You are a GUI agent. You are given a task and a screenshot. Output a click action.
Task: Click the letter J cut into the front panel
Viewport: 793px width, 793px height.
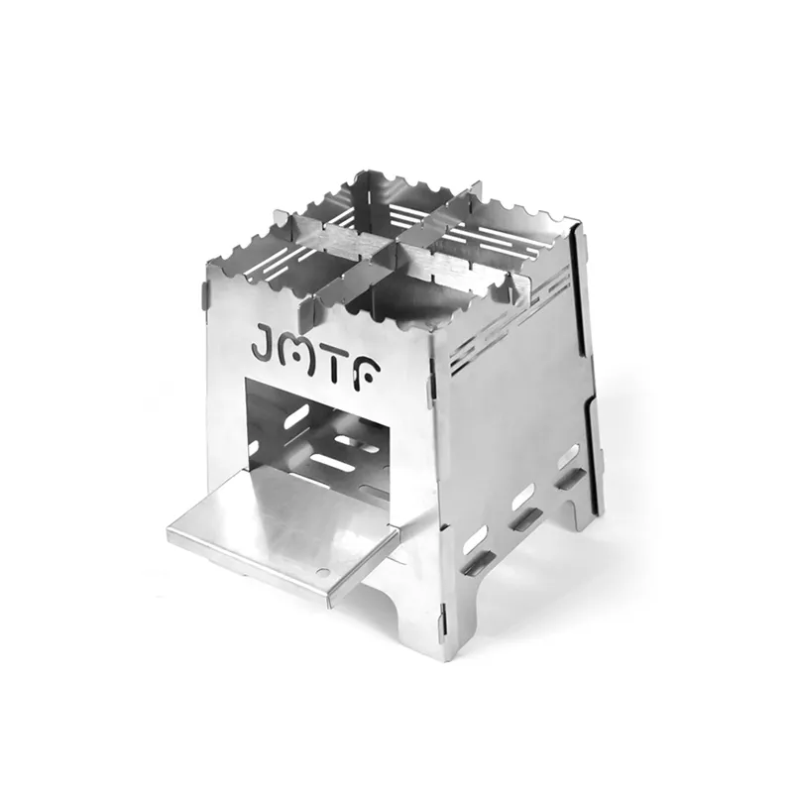pyautogui.click(x=264, y=342)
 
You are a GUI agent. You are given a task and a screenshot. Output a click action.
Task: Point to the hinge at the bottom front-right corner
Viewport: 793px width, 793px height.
pyautogui.click(x=443, y=618)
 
